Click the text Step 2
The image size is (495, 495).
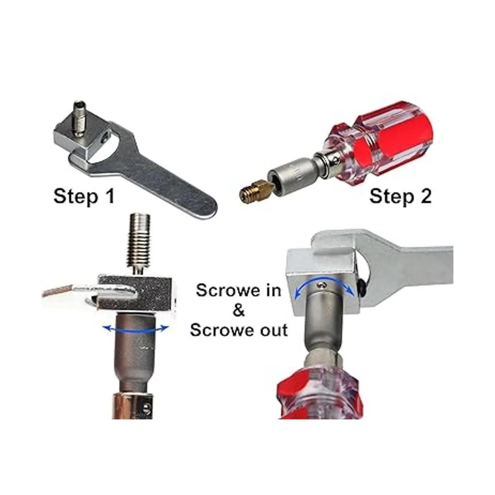pyautogui.click(x=401, y=197)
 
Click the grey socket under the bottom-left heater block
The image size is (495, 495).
pyautogui.click(x=133, y=349)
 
